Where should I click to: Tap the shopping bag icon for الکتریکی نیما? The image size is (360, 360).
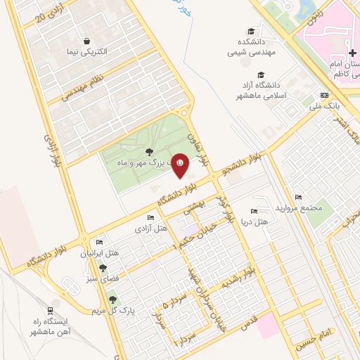[86, 41]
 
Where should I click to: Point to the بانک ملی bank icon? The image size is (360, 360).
[323, 95]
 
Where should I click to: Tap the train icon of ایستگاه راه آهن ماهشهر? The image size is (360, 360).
[50, 310]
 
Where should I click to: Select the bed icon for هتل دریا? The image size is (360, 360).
[254, 212]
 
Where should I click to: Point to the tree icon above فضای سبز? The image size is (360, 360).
[103, 267]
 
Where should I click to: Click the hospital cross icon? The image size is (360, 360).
[352, 53]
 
